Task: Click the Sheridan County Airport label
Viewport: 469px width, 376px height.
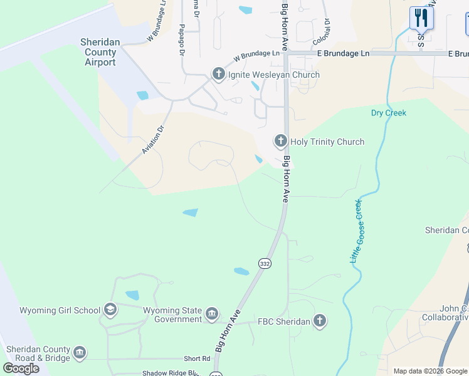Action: pos(101,53)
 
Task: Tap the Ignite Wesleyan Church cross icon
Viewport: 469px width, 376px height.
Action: pos(218,75)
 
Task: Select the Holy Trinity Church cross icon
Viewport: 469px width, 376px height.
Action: pos(280,142)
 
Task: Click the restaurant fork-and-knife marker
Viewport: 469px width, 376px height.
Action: pos(421,18)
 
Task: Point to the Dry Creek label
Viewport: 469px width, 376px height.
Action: pos(388,113)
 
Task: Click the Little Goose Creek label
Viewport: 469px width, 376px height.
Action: pos(355,231)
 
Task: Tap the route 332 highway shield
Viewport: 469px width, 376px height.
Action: pos(265,264)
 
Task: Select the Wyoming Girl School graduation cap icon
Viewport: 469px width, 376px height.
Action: pos(110,310)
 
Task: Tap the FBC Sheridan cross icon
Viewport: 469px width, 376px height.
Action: pos(320,321)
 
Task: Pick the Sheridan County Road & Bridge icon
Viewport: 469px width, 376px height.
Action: pos(80,353)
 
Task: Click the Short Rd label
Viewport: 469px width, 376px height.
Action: pos(197,358)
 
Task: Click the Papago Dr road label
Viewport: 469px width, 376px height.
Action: pos(181,41)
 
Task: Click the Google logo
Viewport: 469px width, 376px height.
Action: pos(21,368)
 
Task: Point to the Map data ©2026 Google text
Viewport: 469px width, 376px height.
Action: pos(429,371)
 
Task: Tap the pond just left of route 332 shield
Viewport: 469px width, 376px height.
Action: pos(241,271)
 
